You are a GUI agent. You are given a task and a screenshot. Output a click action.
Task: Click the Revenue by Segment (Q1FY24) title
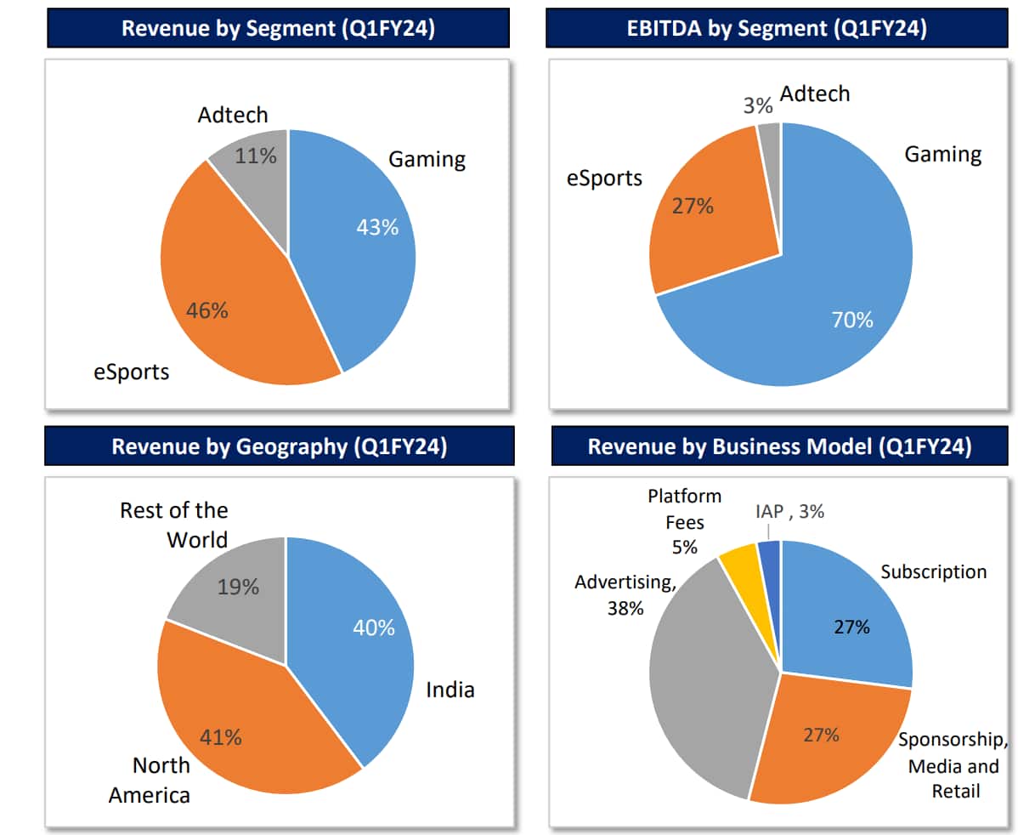point(279,28)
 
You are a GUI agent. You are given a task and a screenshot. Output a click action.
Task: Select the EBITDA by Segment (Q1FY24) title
point(782,28)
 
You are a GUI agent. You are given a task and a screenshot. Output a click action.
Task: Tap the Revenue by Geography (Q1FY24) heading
point(279,446)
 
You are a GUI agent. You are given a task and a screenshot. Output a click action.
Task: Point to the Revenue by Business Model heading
point(780,446)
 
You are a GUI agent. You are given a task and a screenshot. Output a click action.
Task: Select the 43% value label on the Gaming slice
point(377,228)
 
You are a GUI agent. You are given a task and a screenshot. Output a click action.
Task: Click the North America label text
point(161,780)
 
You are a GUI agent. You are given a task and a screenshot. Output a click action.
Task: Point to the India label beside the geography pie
point(450,690)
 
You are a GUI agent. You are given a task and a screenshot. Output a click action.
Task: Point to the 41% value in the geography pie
point(220,737)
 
